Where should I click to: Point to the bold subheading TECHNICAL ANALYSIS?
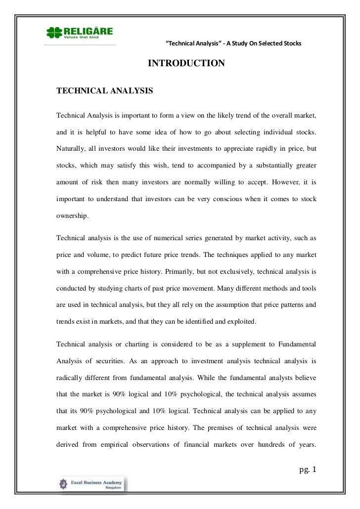coord(105,91)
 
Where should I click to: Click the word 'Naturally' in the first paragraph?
coord(73,148)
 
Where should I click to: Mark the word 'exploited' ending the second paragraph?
coord(241,321)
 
